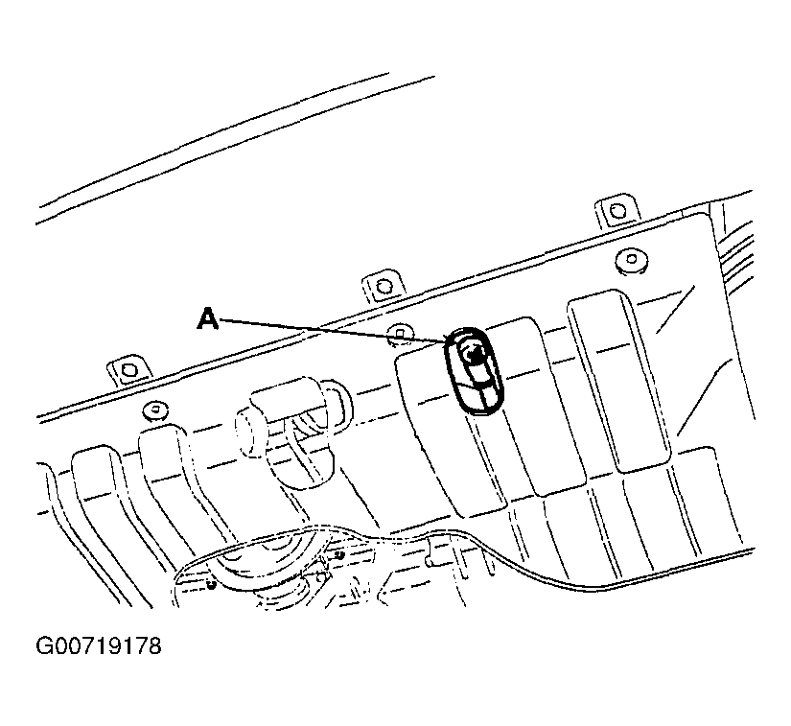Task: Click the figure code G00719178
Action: coord(99,645)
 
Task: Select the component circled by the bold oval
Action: coord(475,371)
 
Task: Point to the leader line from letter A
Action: coord(333,332)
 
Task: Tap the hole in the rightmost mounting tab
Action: coord(617,210)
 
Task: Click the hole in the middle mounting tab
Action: coord(384,287)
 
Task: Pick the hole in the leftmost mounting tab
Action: coord(129,370)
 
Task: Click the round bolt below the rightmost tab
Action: coord(632,260)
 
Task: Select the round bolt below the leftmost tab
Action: coord(156,410)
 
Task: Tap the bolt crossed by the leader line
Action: coord(400,333)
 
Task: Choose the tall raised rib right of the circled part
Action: coord(619,381)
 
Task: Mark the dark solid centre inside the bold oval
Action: coord(475,355)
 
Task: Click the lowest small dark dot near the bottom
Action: coord(212,584)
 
